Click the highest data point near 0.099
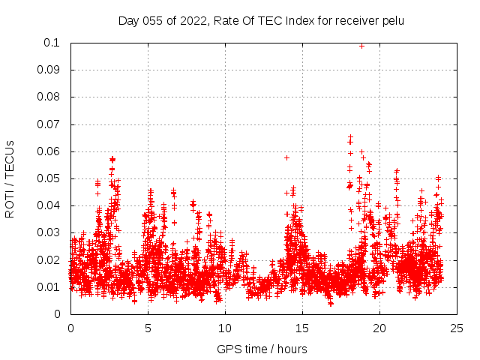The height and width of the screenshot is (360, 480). click(362, 46)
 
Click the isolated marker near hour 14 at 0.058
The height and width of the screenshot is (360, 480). click(286, 157)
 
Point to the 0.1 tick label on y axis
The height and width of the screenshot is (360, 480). click(54, 43)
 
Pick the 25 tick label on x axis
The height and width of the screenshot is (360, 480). click(457, 328)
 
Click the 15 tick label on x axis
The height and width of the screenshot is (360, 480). click(302, 328)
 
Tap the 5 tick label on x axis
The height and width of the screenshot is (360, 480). click(148, 328)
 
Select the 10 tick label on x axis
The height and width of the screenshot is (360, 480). click(225, 328)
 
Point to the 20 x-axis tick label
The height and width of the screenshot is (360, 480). click(379, 328)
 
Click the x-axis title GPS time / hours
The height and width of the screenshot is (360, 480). click(262, 349)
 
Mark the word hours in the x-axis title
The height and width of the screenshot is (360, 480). click(291, 349)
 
